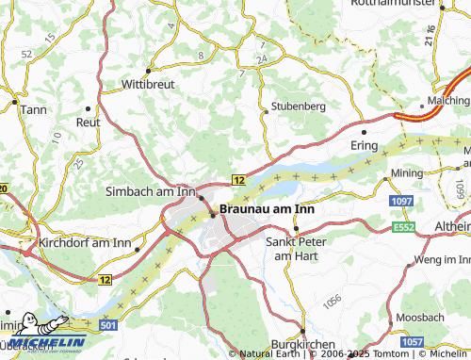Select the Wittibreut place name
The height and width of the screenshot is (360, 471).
149,84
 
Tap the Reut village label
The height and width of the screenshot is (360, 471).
88,122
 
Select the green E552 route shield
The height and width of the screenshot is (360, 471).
403,227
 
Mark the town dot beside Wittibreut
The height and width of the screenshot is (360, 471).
149,70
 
